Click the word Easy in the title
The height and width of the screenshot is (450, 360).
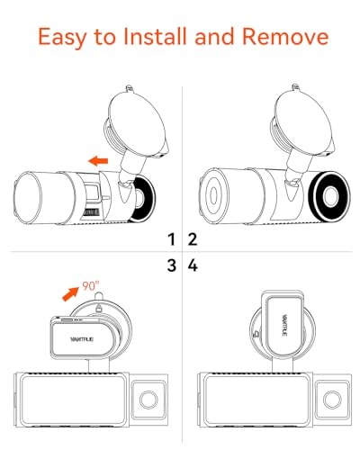click(62, 37)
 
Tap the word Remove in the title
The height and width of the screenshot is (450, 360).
click(285, 36)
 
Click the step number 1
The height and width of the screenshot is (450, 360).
click(171, 239)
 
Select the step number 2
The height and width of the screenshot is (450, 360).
click(193, 239)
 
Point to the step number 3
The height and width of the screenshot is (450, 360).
click(172, 265)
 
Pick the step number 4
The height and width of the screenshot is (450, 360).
click(193, 265)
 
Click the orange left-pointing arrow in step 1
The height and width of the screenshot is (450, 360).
click(98, 161)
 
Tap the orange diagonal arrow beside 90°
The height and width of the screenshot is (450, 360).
click(71, 292)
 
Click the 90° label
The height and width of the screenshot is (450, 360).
click(91, 286)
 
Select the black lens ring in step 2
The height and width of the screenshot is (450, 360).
click(331, 196)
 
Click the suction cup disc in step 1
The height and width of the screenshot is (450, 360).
click(138, 121)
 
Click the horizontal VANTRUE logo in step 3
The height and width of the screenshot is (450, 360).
click(82, 339)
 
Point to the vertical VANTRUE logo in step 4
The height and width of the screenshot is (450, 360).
click(284, 325)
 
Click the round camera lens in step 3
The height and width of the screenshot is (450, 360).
click(148, 400)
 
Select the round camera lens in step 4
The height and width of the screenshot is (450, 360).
click(332, 400)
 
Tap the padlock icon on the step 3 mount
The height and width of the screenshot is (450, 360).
click(98, 307)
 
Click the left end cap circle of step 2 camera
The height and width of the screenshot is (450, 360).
click(213, 195)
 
